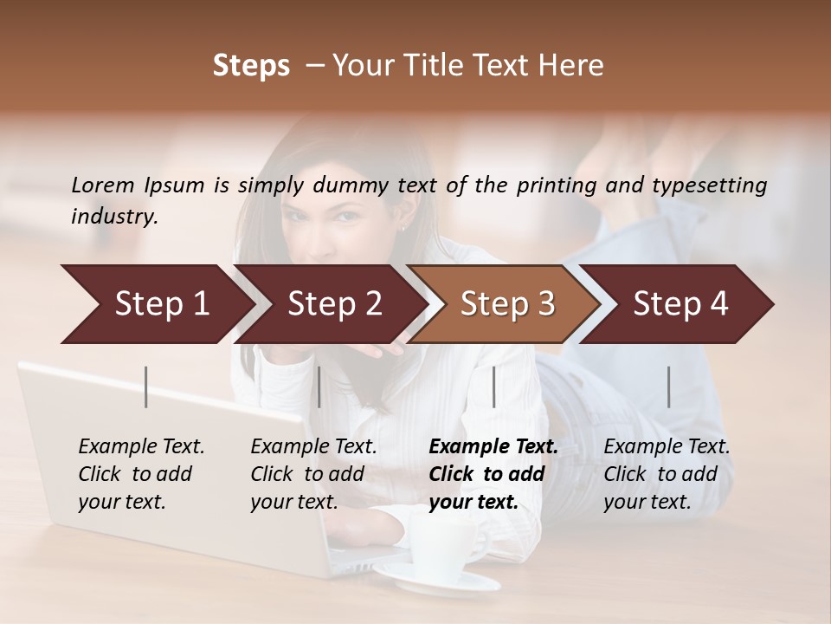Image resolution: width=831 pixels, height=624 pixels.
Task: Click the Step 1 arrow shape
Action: (x=156, y=304)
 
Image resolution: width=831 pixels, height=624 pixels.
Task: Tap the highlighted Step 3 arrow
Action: (x=506, y=304)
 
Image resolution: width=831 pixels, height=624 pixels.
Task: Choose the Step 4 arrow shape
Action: (x=680, y=304)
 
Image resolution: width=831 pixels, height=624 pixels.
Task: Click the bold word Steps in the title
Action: (x=251, y=66)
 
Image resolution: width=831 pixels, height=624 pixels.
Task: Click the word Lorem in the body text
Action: (x=103, y=185)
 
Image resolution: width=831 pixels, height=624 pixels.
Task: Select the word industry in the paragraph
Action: (x=113, y=217)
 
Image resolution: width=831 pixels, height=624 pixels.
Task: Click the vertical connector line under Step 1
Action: (x=146, y=387)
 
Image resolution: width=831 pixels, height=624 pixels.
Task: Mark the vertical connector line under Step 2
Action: (x=319, y=387)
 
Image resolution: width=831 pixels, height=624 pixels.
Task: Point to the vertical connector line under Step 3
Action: (x=493, y=387)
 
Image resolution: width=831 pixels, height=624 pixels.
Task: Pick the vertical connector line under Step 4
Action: (x=668, y=387)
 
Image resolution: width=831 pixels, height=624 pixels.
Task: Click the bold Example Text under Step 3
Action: (x=493, y=447)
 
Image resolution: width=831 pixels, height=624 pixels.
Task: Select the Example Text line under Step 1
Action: (x=141, y=447)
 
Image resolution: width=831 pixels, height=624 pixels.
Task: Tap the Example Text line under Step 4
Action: (x=667, y=447)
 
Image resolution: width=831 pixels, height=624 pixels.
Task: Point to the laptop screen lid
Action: (x=164, y=451)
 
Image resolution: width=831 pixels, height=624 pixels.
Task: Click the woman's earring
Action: (x=404, y=227)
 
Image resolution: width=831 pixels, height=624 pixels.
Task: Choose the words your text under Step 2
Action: (x=294, y=502)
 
